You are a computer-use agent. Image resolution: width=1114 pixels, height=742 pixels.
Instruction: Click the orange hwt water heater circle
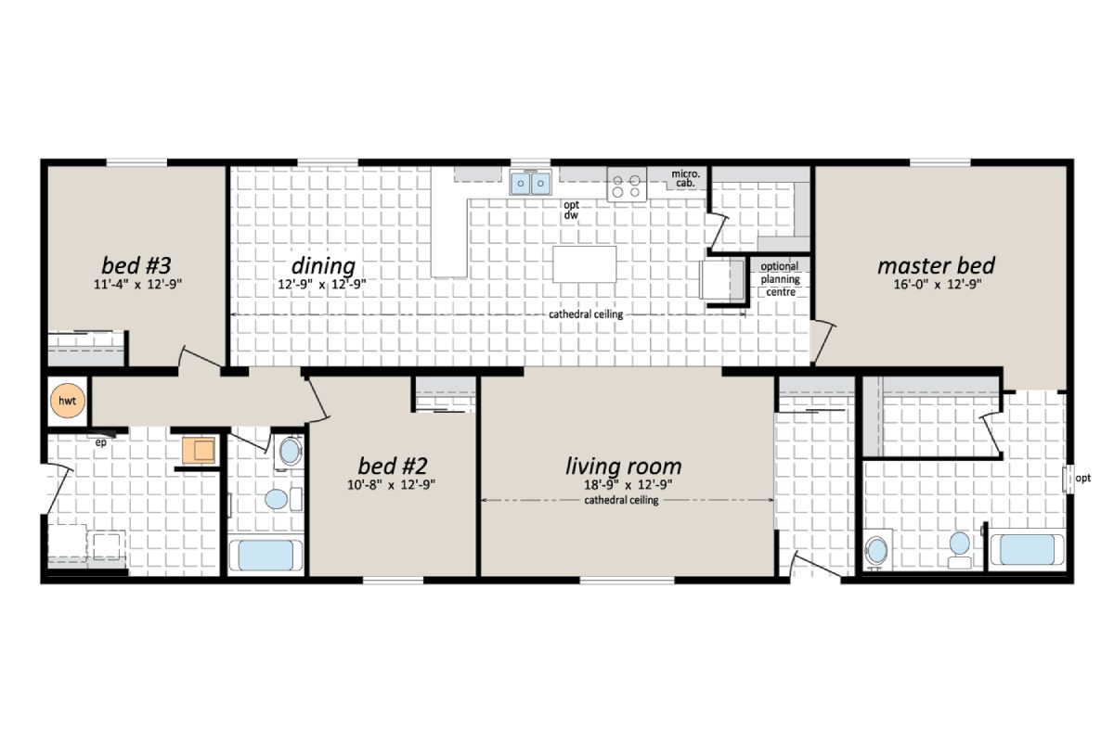point(68,401)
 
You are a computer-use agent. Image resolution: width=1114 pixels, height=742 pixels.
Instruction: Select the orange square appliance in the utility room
point(197,451)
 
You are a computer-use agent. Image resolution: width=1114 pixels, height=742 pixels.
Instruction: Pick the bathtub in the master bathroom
point(1026,549)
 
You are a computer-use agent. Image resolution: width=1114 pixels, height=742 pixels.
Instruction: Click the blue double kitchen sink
point(530,184)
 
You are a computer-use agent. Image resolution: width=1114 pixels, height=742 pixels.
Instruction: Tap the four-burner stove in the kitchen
point(627,184)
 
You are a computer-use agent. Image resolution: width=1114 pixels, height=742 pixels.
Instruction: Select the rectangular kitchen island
point(584,263)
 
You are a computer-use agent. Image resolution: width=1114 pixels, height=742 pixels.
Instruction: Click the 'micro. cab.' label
point(686,178)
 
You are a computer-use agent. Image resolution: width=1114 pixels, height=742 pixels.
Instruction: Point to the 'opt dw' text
point(571,211)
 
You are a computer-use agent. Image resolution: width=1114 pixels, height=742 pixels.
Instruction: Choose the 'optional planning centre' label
point(779,279)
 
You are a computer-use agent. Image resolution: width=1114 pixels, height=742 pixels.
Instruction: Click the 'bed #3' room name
point(135,265)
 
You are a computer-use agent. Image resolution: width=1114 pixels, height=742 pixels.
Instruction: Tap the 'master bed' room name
point(936,266)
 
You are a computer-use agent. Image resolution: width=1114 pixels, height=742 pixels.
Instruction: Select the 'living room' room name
point(623,466)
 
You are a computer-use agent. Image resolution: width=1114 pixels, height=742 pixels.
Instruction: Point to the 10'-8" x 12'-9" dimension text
point(390,484)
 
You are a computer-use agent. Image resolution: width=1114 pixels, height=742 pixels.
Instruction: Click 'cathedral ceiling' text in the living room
point(621,501)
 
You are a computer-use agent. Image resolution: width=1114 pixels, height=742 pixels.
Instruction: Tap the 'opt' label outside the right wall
point(1082,479)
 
